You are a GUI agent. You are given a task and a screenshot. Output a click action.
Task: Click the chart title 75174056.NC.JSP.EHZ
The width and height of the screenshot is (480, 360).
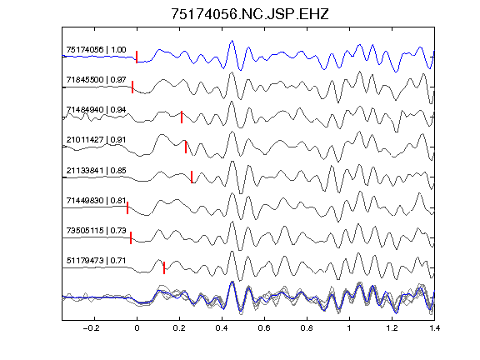pyautogui.click(x=249, y=14)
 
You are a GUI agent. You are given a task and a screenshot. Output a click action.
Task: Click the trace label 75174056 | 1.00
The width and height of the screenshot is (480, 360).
pyautogui.click(x=96, y=50)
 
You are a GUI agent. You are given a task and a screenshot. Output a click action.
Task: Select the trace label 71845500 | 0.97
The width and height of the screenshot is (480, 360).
pyautogui.click(x=96, y=80)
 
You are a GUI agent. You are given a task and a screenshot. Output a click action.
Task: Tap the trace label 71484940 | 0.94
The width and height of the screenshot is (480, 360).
pyautogui.click(x=96, y=110)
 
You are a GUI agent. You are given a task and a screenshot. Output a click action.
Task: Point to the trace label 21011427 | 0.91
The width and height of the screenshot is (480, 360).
pyautogui.click(x=96, y=140)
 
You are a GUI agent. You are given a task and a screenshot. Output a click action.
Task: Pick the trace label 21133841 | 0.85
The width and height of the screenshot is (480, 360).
pyautogui.click(x=96, y=170)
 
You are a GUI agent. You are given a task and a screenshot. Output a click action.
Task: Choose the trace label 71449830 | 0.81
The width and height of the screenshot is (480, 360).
pyautogui.click(x=96, y=201)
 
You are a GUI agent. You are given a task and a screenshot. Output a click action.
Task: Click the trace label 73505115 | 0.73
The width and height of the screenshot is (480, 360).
pyautogui.click(x=96, y=230)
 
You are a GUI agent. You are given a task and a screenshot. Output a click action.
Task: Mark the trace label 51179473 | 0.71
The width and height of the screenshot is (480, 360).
pyautogui.click(x=96, y=261)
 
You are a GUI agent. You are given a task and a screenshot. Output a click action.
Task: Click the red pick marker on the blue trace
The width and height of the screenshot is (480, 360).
pyautogui.click(x=137, y=57)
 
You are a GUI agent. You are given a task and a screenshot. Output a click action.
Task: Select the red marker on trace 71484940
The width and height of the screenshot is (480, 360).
pyautogui.click(x=182, y=117)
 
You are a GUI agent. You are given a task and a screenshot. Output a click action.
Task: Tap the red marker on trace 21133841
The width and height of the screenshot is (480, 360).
pyautogui.click(x=192, y=177)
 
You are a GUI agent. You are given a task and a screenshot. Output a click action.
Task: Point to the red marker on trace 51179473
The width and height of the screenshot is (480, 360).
pyautogui.click(x=164, y=267)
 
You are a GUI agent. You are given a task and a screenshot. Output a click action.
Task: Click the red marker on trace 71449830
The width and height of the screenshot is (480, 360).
pyautogui.click(x=127, y=207)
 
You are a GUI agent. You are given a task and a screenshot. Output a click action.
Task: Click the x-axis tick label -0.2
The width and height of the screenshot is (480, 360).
pyautogui.click(x=91, y=328)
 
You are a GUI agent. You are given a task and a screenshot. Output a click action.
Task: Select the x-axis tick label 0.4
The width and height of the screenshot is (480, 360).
pyautogui.click(x=222, y=328)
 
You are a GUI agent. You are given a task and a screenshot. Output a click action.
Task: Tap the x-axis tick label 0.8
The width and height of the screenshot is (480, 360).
pyautogui.click(x=307, y=328)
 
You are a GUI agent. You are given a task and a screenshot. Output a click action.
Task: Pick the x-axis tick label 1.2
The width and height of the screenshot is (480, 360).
pyautogui.click(x=392, y=328)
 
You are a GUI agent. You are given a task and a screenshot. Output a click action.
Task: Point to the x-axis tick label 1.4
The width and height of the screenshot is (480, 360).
pyautogui.click(x=434, y=328)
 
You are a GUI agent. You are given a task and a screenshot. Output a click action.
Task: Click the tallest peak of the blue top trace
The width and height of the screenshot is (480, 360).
pyautogui.click(x=232, y=41)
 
